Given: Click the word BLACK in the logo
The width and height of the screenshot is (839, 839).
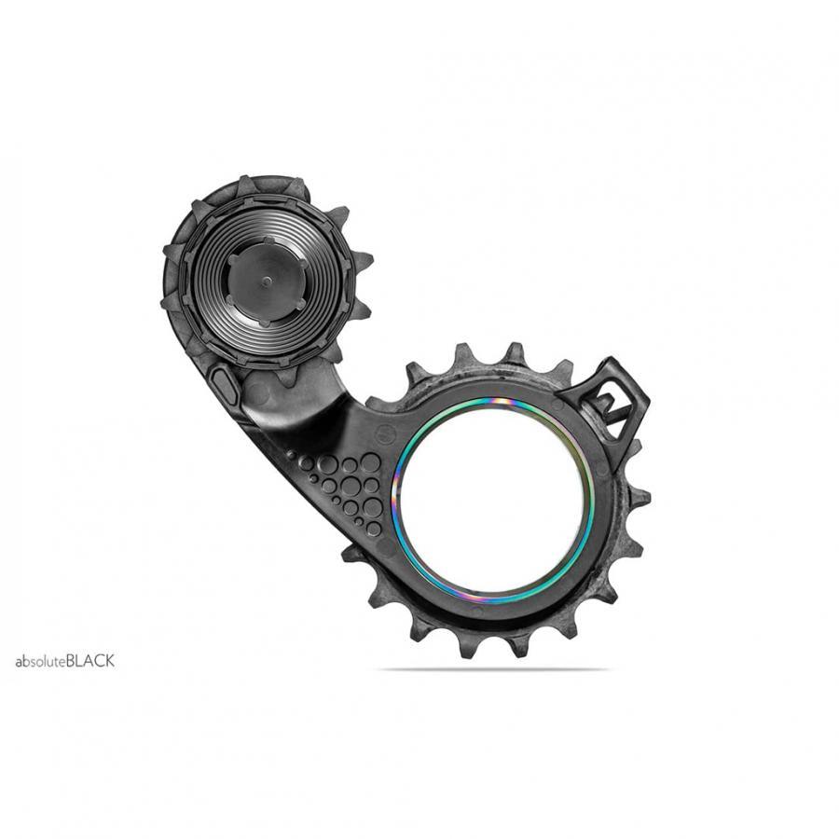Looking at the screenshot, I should [90, 661].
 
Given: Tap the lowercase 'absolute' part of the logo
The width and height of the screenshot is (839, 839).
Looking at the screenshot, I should [40, 661].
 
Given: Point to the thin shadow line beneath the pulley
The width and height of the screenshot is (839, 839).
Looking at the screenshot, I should [494, 668].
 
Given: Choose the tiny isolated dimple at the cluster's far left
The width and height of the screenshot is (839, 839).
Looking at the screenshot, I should [290, 454].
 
